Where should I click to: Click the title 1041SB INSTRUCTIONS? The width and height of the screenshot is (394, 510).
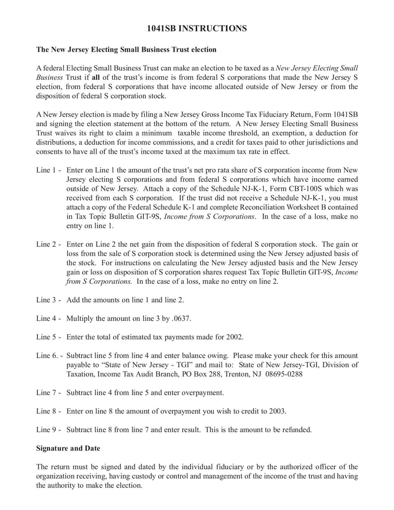(x=197, y=29)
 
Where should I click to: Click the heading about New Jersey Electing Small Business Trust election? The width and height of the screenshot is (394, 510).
(x=127, y=50)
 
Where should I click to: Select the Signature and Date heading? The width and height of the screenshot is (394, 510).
(x=68, y=448)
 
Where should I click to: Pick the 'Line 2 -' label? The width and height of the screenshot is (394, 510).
(x=49, y=244)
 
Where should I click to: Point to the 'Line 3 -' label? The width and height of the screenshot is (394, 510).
(x=49, y=300)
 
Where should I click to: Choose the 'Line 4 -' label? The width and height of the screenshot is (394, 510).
(x=49, y=319)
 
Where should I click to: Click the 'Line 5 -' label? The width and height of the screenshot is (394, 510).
(x=49, y=338)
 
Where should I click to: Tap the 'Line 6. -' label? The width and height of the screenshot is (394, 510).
(x=50, y=356)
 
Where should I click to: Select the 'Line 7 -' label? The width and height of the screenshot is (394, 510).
(x=49, y=393)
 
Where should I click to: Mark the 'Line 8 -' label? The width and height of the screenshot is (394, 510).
(x=49, y=411)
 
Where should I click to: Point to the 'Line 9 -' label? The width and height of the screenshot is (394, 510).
(x=49, y=430)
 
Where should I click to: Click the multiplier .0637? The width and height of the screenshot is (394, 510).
(x=180, y=319)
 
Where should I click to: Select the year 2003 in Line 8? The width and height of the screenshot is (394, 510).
(x=277, y=411)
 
